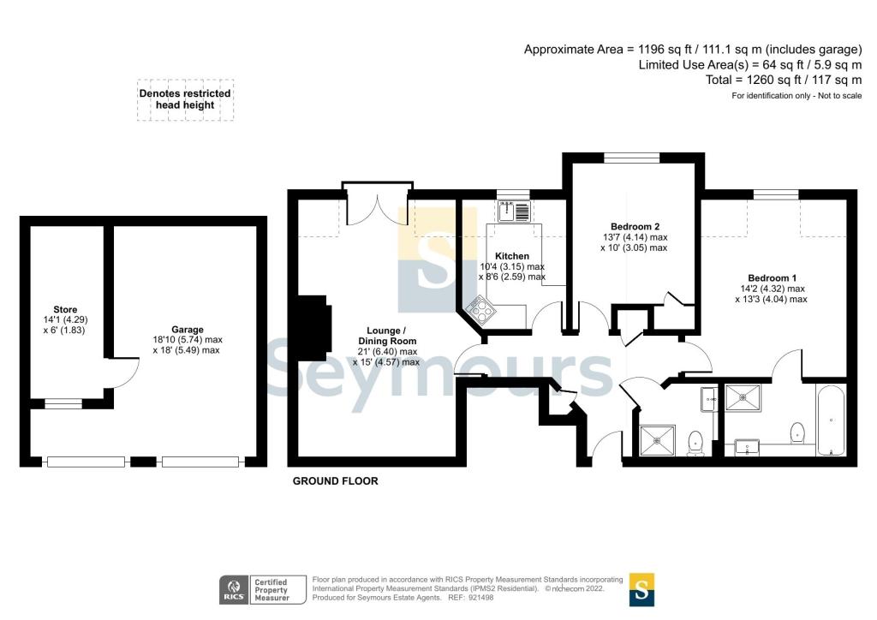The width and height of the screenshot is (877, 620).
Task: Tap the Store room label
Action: pyautogui.click(x=65, y=310)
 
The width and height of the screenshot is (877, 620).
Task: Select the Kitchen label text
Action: pyautogui.click(x=512, y=256)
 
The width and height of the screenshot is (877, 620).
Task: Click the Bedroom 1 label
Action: pyautogui.click(x=772, y=278)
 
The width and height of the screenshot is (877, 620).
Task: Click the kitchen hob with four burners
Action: pyautogui.click(x=477, y=308)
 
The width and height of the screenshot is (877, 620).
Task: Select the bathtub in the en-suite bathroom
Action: pyautogui.click(x=831, y=421)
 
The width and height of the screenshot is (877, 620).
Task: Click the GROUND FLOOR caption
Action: pyautogui.click(x=335, y=481)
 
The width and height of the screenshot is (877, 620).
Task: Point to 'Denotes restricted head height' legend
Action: pyautogui.click(x=185, y=99)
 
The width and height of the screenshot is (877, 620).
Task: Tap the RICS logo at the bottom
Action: pyautogui.click(x=233, y=590)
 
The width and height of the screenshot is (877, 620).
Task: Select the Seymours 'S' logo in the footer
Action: pyautogui.click(x=641, y=589)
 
